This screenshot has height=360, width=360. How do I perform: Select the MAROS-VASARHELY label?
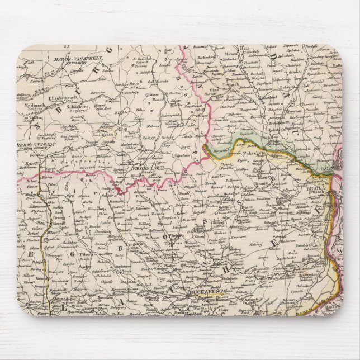pyautogui.click(x=68, y=59)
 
